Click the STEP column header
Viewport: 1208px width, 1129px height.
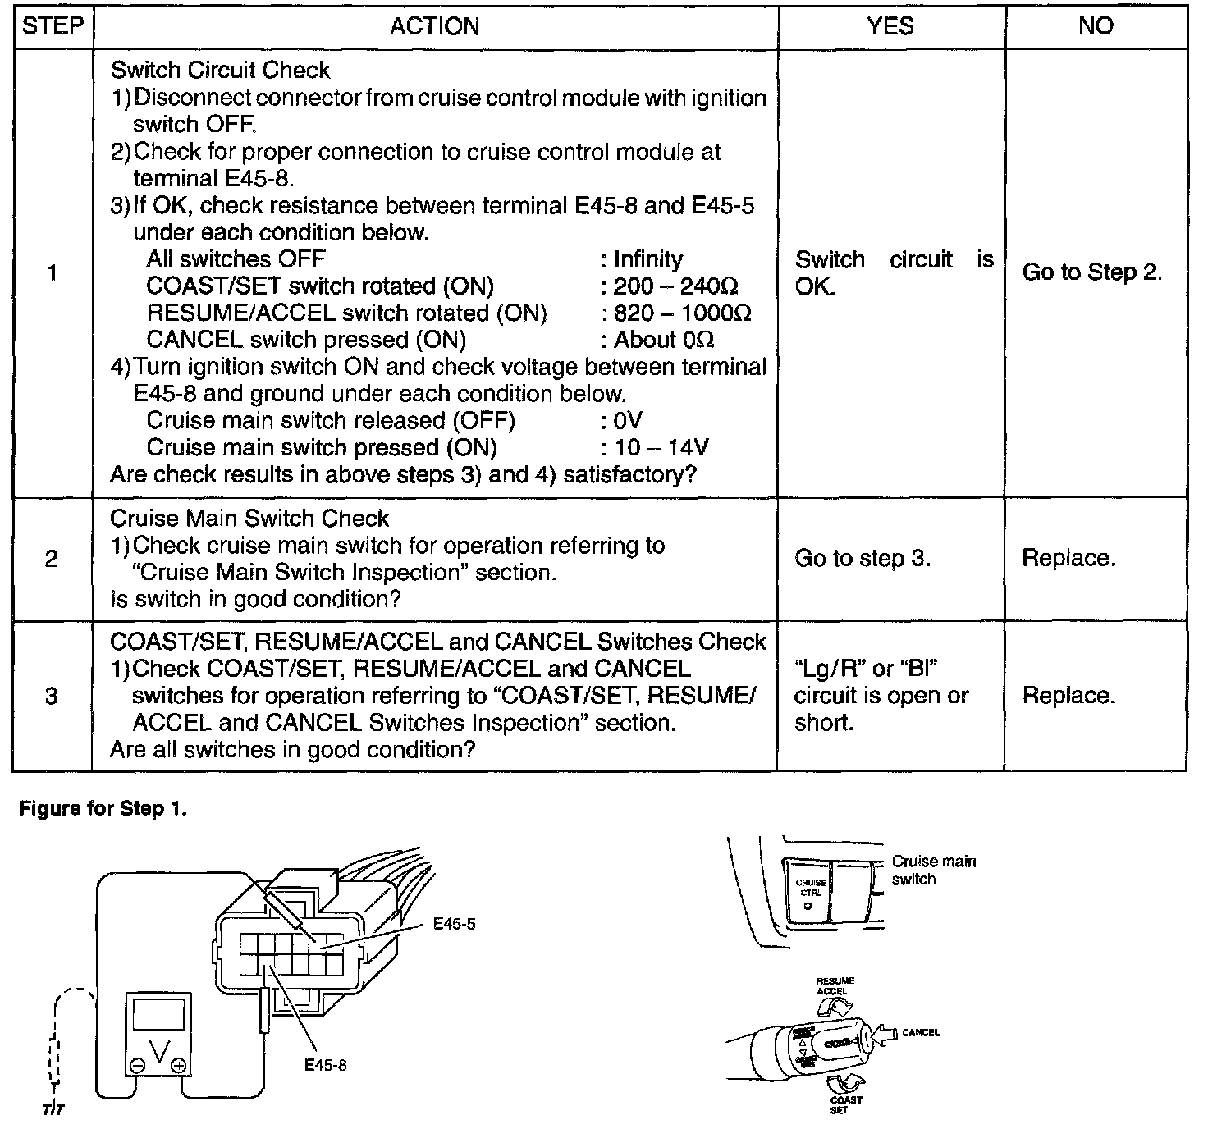point(53,26)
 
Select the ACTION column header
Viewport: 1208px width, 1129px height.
point(434,26)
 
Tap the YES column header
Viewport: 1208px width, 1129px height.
point(890,26)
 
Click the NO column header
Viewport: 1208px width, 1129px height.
point(1096,26)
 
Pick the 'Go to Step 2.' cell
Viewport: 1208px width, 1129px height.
point(1091,272)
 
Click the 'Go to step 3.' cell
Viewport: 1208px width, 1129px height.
point(863,559)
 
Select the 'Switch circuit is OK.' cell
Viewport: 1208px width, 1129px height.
point(893,272)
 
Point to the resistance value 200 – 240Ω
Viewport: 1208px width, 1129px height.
point(675,286)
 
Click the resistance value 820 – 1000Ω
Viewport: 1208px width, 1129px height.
point(682,313)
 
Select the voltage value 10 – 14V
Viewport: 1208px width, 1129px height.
point(661,448)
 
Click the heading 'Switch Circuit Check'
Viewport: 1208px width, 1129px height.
point(220,71)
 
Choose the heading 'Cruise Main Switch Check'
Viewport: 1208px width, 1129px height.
point(249,519)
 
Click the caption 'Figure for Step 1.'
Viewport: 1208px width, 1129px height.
point(103,809)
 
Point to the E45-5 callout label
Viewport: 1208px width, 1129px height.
point(454,925)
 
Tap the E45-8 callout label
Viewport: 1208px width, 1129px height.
point(325,1065)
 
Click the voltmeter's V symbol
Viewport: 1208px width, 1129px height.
point(160,1050)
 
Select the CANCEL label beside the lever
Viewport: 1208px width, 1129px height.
point(920,1032)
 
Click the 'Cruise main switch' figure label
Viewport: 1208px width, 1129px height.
point(933,870)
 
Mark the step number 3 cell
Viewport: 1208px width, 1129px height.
point(52,697)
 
